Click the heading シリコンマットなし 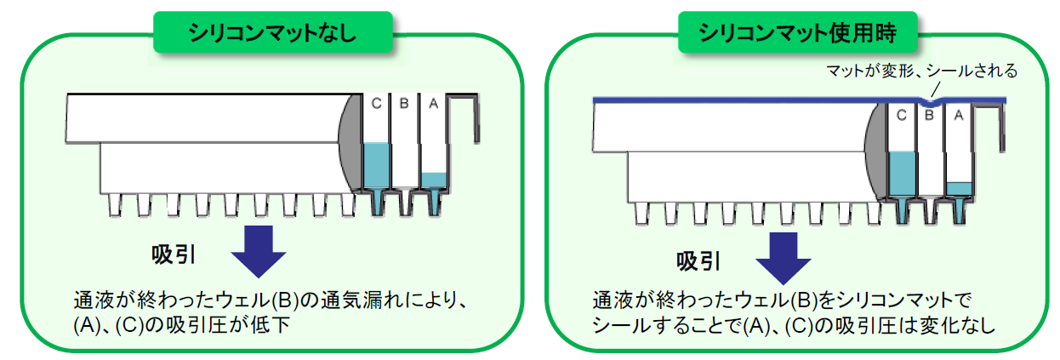[x=272, y=34]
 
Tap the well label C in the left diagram [x=376, y=104]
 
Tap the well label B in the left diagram [x=404, y=104]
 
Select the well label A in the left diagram [x=432, y=104]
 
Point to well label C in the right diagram [x=901, y=114]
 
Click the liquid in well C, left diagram [x=376, y=166]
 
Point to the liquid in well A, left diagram [x=433, y=180]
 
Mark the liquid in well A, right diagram [x=958, y=188]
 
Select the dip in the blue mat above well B [x=930, y=105]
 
